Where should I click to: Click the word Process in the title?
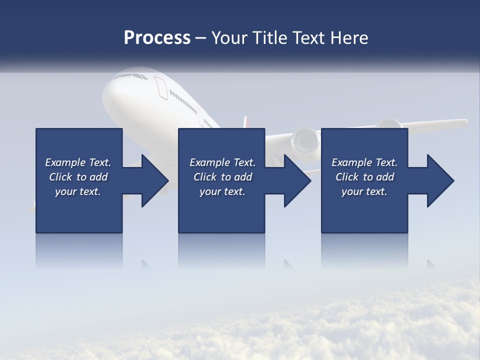pos(157,38)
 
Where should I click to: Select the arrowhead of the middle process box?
pos(297,180)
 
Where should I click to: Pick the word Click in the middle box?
pos(205,177)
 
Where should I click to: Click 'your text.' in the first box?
pos(78,191)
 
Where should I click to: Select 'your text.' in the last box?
pos(364,191)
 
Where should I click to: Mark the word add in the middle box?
pos(243,177)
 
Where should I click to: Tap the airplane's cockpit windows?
pos(129,76)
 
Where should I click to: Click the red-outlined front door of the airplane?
pos(161,86)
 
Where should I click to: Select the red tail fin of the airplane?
pos(245,122)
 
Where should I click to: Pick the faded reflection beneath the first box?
pos(79,250)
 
